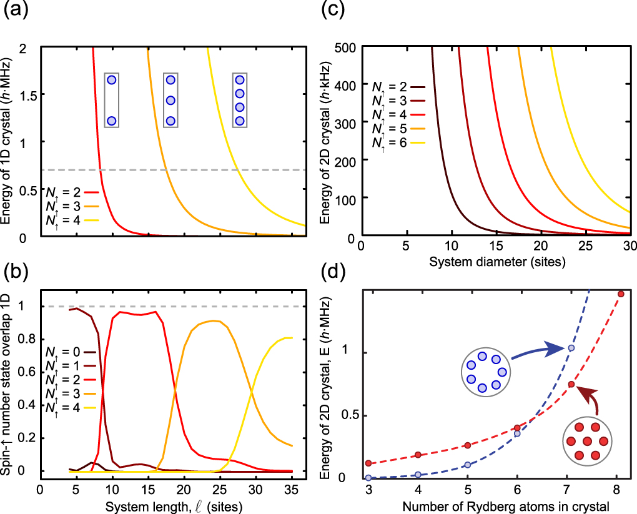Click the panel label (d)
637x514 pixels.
335,274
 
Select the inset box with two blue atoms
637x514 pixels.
111,100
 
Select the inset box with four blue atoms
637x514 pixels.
240,100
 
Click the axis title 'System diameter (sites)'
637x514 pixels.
498,262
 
